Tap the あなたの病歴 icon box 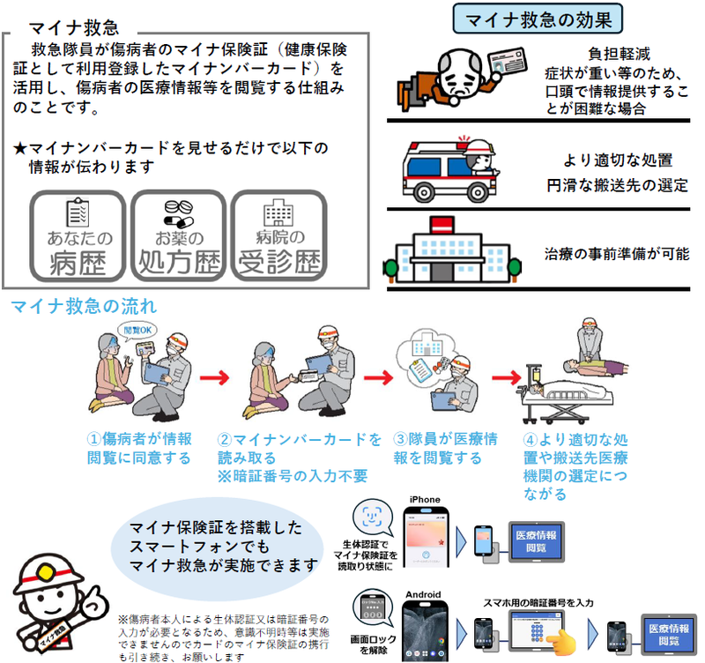78,232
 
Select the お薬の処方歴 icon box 179,232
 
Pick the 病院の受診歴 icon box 278,232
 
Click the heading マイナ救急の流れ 85,307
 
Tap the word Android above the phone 423,595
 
